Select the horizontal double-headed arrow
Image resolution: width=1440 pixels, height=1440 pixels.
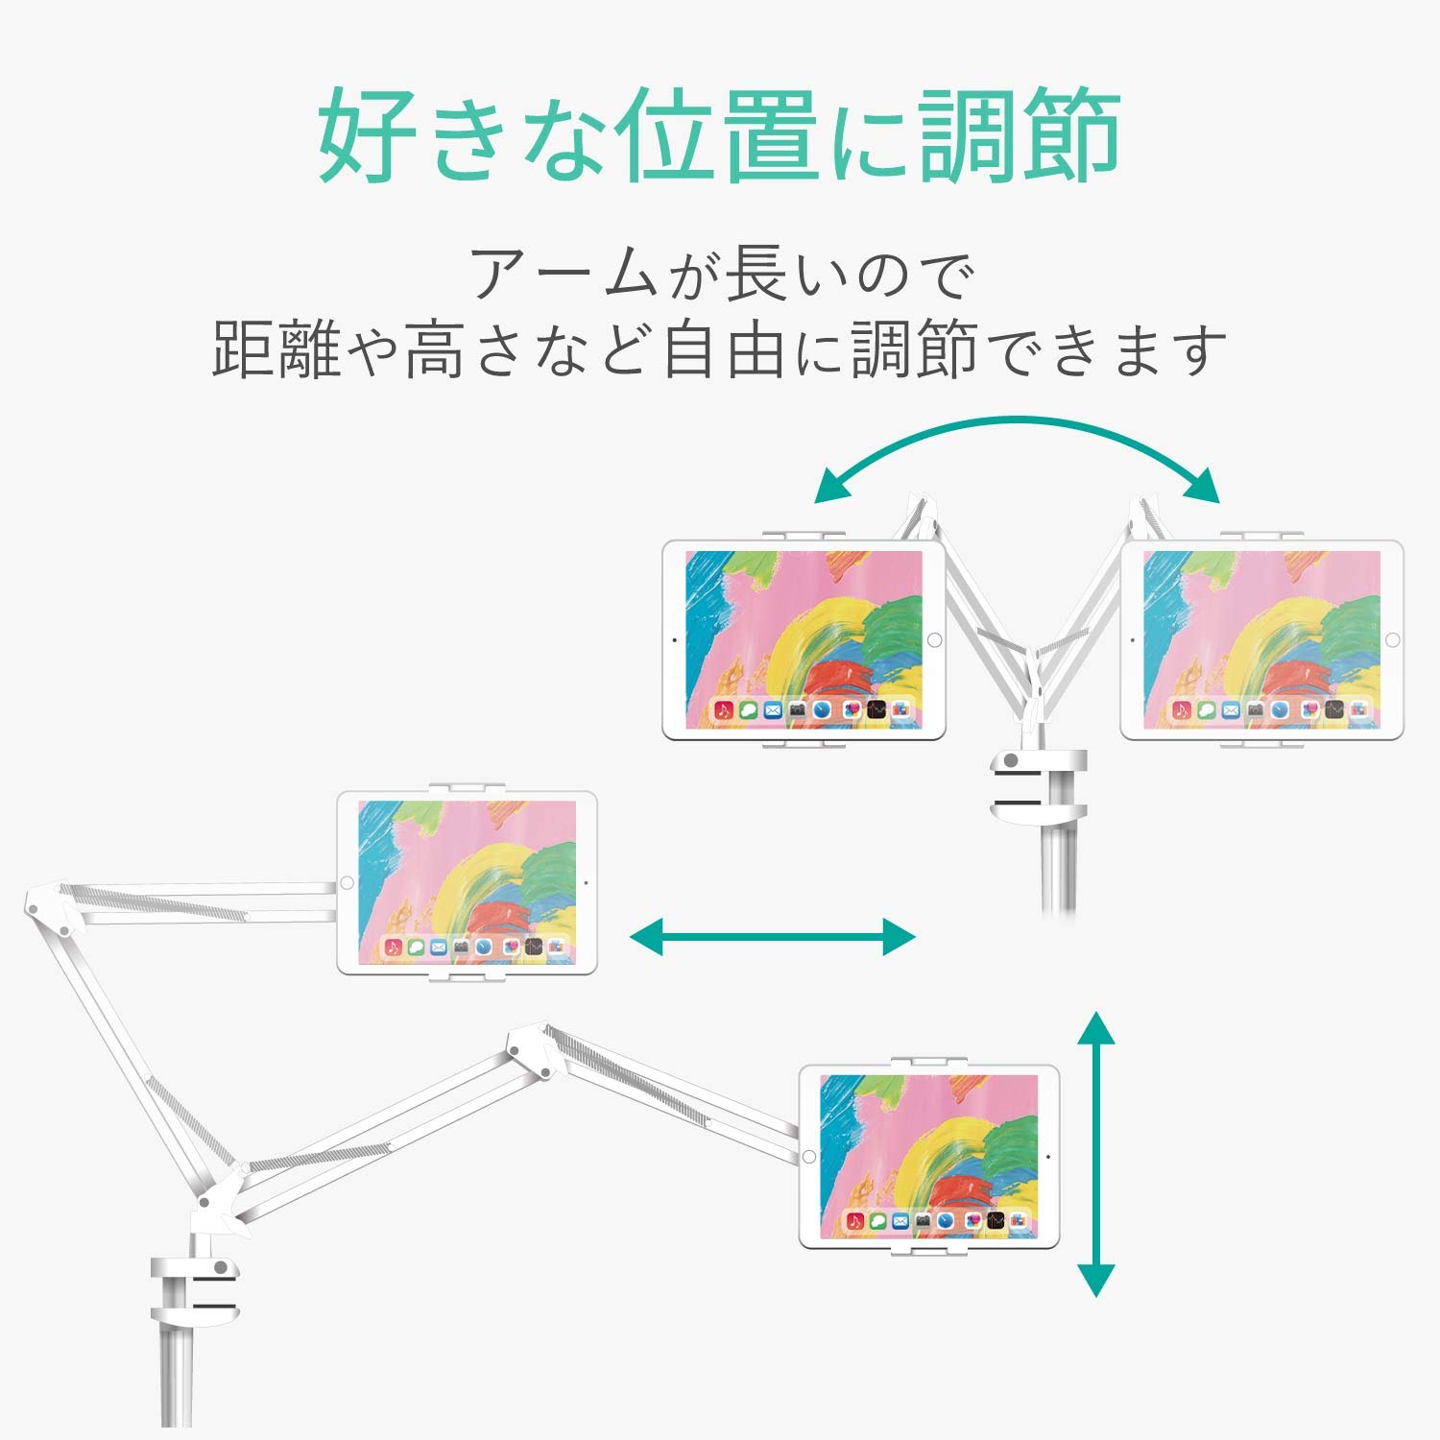pos(773,936)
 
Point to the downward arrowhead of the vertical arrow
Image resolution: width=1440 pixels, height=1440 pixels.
pos(1095,1279)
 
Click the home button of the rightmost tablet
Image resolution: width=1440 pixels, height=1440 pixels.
pos(1392,639)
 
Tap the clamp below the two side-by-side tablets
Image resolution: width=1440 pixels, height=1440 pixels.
pos(1036,784)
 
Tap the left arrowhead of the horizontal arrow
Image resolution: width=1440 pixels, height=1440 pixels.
pos(644,936)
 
